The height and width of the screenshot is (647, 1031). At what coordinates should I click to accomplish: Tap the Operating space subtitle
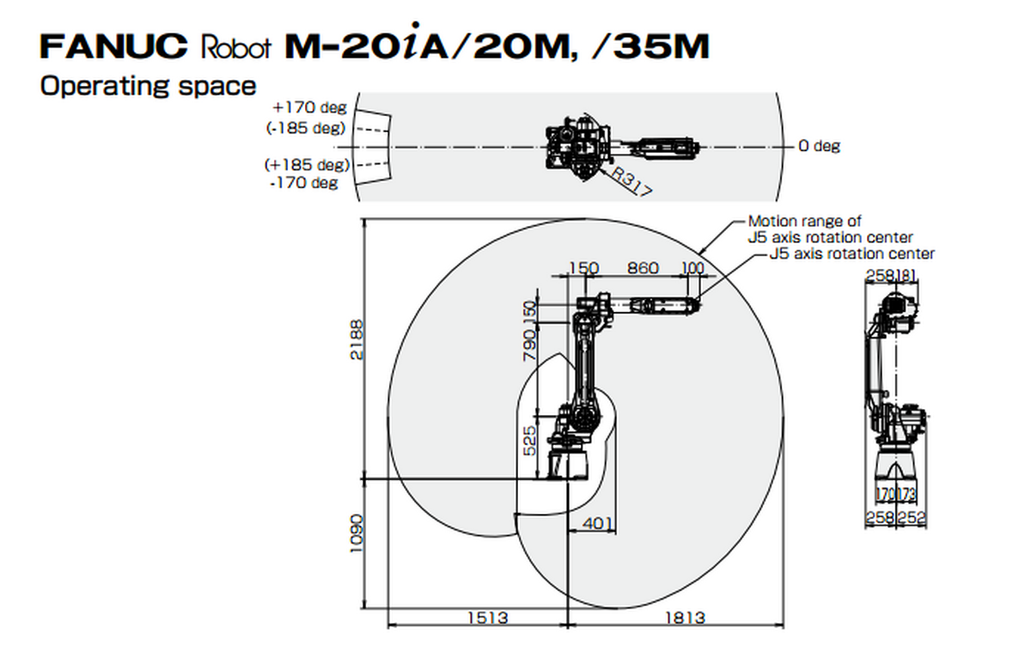point(148,86)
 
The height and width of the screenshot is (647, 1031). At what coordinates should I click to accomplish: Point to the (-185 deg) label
point(306,128)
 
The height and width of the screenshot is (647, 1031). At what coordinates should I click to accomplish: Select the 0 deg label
point(819,146)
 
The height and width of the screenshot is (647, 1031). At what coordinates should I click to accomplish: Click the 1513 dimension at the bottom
point(487,618)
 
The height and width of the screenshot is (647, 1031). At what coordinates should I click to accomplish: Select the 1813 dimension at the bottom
point(685,618)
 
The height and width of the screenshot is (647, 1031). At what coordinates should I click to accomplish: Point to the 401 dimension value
point(598,522)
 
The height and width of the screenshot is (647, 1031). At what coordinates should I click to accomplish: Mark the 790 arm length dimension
point(530,345)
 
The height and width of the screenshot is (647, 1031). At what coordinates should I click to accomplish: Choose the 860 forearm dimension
point(643,268)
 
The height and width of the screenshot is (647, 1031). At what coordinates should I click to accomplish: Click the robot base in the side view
point(568,460)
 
